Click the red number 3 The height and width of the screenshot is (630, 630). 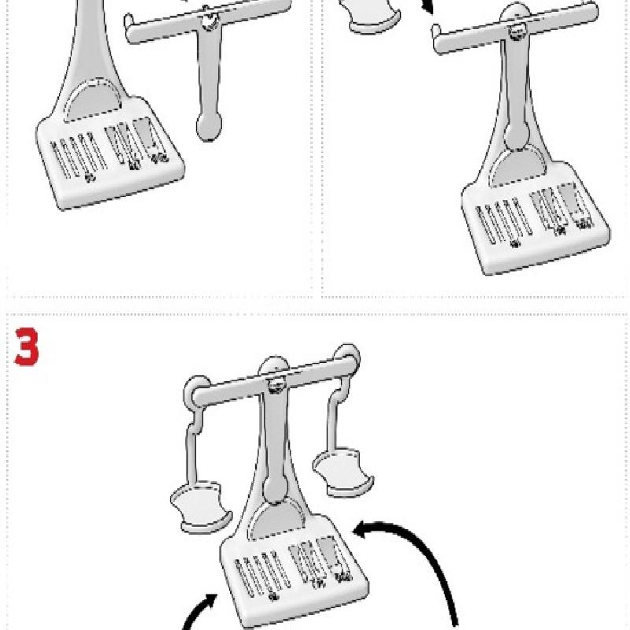click(27, 346)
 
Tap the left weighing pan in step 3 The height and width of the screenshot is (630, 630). click(201, 506)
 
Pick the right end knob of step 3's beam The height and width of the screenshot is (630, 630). click(347, 356)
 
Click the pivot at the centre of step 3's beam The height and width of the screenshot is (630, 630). click(275, 387)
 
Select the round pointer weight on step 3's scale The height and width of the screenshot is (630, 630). click(275, 488)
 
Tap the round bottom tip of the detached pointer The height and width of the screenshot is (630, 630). click(209, 126)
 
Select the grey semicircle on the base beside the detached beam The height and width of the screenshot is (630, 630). click(93, 102)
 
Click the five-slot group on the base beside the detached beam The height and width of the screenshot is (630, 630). click(79, 156)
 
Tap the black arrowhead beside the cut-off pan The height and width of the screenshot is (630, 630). click(428, 7)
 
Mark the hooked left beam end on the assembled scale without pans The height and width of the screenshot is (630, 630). click(437, 39)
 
